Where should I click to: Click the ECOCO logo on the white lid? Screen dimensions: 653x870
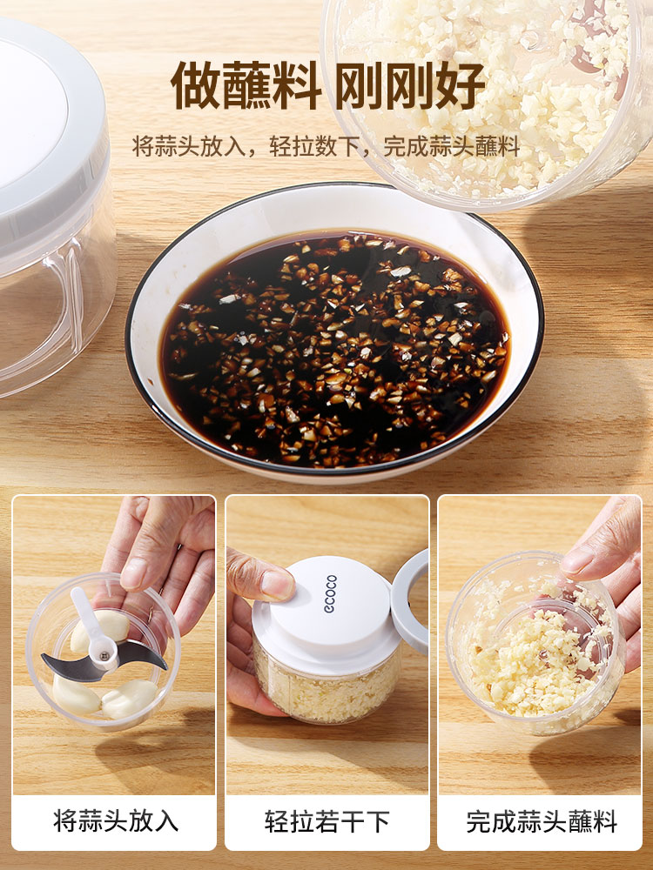coord(330,593)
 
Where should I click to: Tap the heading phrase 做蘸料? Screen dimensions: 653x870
coord(246,86)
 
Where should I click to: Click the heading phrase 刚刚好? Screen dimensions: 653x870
coord(411,86)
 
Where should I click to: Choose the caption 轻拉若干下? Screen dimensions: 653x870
coord(327,821)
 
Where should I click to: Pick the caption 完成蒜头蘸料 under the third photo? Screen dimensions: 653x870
coord(542,821)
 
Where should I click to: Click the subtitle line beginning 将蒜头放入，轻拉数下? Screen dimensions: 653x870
coord(326,146)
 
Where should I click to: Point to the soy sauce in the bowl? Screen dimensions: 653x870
coord(334,350)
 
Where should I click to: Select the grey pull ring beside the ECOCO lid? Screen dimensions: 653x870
coord(411,599)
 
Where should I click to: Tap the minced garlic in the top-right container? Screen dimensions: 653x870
coord(500,89)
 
